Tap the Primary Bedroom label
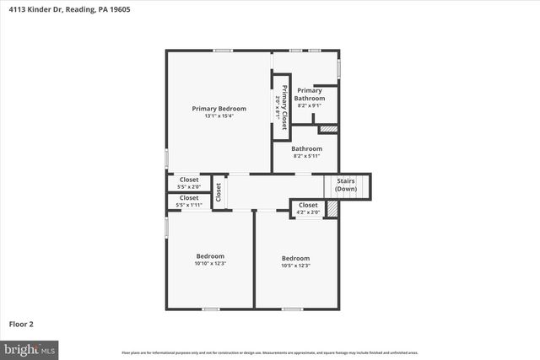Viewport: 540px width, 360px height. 219,108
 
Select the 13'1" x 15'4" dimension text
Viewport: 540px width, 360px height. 219,116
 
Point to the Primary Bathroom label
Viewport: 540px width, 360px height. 310,94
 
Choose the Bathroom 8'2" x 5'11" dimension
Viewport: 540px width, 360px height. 307,156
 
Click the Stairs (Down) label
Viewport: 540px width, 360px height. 346,185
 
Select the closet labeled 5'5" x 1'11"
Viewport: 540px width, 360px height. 189,201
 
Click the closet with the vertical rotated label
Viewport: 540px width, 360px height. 218,192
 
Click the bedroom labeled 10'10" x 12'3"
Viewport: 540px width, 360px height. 210,260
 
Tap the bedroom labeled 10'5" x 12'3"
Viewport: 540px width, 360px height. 295,261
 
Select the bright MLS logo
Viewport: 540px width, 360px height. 30,347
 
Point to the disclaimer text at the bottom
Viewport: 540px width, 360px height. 270,352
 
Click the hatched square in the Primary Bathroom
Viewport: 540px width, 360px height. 328,129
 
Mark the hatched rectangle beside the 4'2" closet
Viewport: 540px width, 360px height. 332,208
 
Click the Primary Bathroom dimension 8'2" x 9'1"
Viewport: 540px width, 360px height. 310,105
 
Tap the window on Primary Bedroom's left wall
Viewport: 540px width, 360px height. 166,158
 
